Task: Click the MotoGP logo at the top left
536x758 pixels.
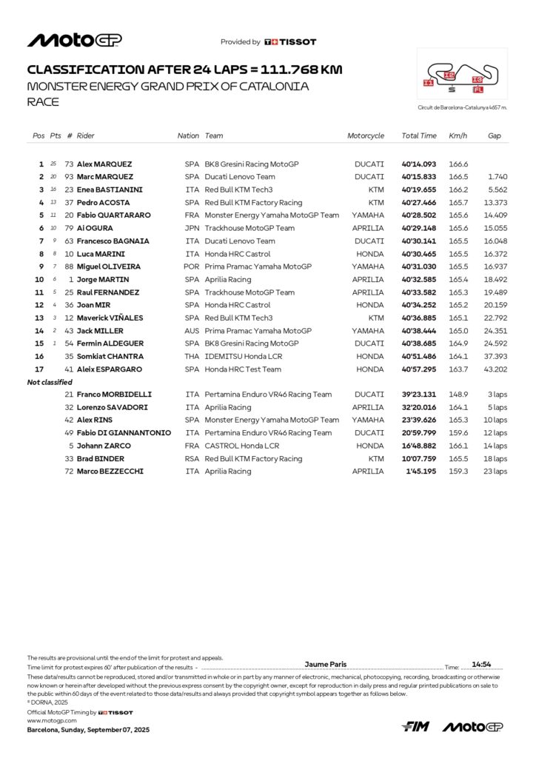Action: click(x=75, y=41)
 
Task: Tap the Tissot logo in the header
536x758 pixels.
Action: click(x=290, y=42)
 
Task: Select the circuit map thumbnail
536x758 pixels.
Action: click(x=462, y=75)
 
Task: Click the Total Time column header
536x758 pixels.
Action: click(x=419, y=136)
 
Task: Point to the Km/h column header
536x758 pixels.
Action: click(x=458, y=136)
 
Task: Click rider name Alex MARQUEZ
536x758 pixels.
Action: click(x=105, y=164)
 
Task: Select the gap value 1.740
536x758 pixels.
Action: click(x=498, y=177)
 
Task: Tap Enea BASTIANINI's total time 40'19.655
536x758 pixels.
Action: click(x=419, y=189)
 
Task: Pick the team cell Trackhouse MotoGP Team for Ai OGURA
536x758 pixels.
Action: click(x=249, y=228)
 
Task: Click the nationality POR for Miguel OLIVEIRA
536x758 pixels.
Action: click(x=192, y=266)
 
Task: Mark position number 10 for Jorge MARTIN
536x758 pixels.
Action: click(x=39, y=280)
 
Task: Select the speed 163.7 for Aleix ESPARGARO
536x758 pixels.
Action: click(x=458, y=369)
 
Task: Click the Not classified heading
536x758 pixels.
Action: click(x=50, y=382)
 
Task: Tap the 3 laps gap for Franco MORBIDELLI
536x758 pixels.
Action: click(x=498, y=395)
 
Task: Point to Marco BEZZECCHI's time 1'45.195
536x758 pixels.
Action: click(x=421, y=472)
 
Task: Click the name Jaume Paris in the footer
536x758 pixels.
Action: click(x=326, y=665)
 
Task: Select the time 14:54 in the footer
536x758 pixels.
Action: click(x=482, y=665)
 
